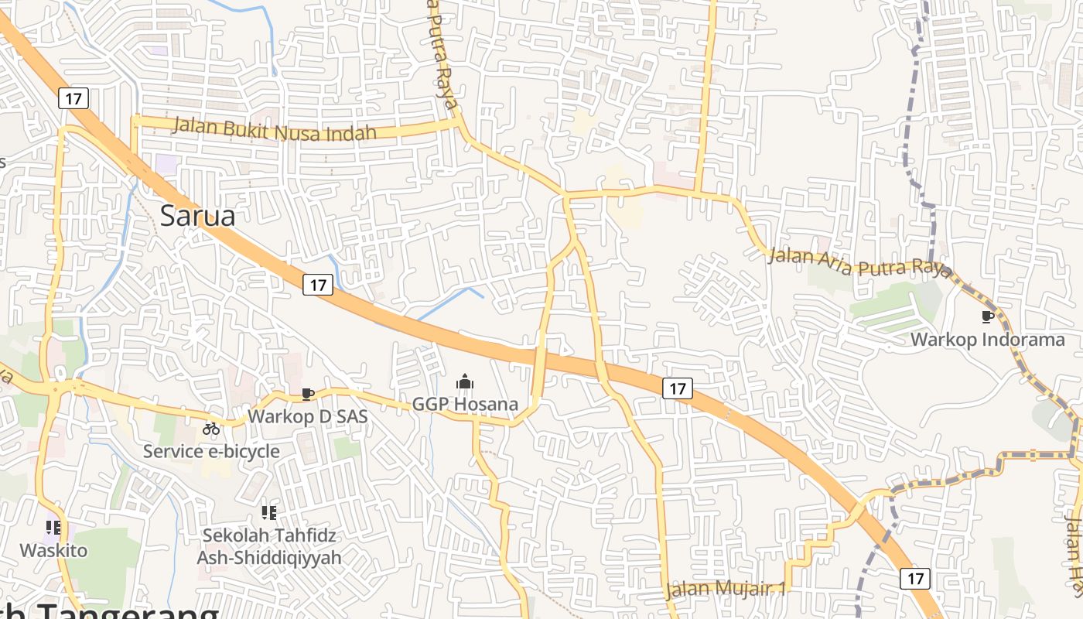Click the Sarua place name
click(197, 215)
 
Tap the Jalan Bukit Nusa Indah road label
click(274, 128)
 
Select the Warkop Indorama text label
click(987, 339)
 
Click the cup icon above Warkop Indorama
click(987, 316)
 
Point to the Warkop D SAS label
click(307, 416)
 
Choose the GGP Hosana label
click(464, 404)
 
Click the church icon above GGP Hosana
click(464, 381)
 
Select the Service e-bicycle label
click(211, 450)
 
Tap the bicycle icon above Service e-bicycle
click(211, 428)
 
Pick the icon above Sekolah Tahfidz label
click(268, 512)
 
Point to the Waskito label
click(53, 550)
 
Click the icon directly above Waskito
click(53, 528)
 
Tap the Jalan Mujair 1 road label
click(726, 589)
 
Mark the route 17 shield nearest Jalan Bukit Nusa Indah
click(73, 98)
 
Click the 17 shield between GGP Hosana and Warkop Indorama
click(677, 388)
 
